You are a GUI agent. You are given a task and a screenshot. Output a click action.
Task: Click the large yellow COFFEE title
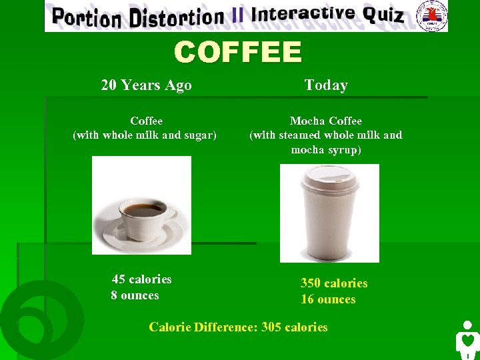238,52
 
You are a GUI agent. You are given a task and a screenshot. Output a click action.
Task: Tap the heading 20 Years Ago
146,85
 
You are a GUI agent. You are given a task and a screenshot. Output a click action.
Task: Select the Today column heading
326,85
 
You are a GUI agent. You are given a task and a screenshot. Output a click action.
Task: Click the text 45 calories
142,279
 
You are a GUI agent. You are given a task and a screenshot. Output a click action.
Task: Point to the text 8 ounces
135,295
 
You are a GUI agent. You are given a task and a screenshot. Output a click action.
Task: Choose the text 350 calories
334,283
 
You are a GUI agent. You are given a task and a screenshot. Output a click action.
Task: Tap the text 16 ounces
328,299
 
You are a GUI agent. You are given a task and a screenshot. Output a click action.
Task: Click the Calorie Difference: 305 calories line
238,327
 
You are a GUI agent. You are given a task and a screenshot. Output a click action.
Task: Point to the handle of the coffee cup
169,217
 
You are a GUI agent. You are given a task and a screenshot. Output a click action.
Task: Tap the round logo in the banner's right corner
431,15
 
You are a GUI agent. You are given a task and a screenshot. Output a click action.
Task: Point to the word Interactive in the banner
303,14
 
